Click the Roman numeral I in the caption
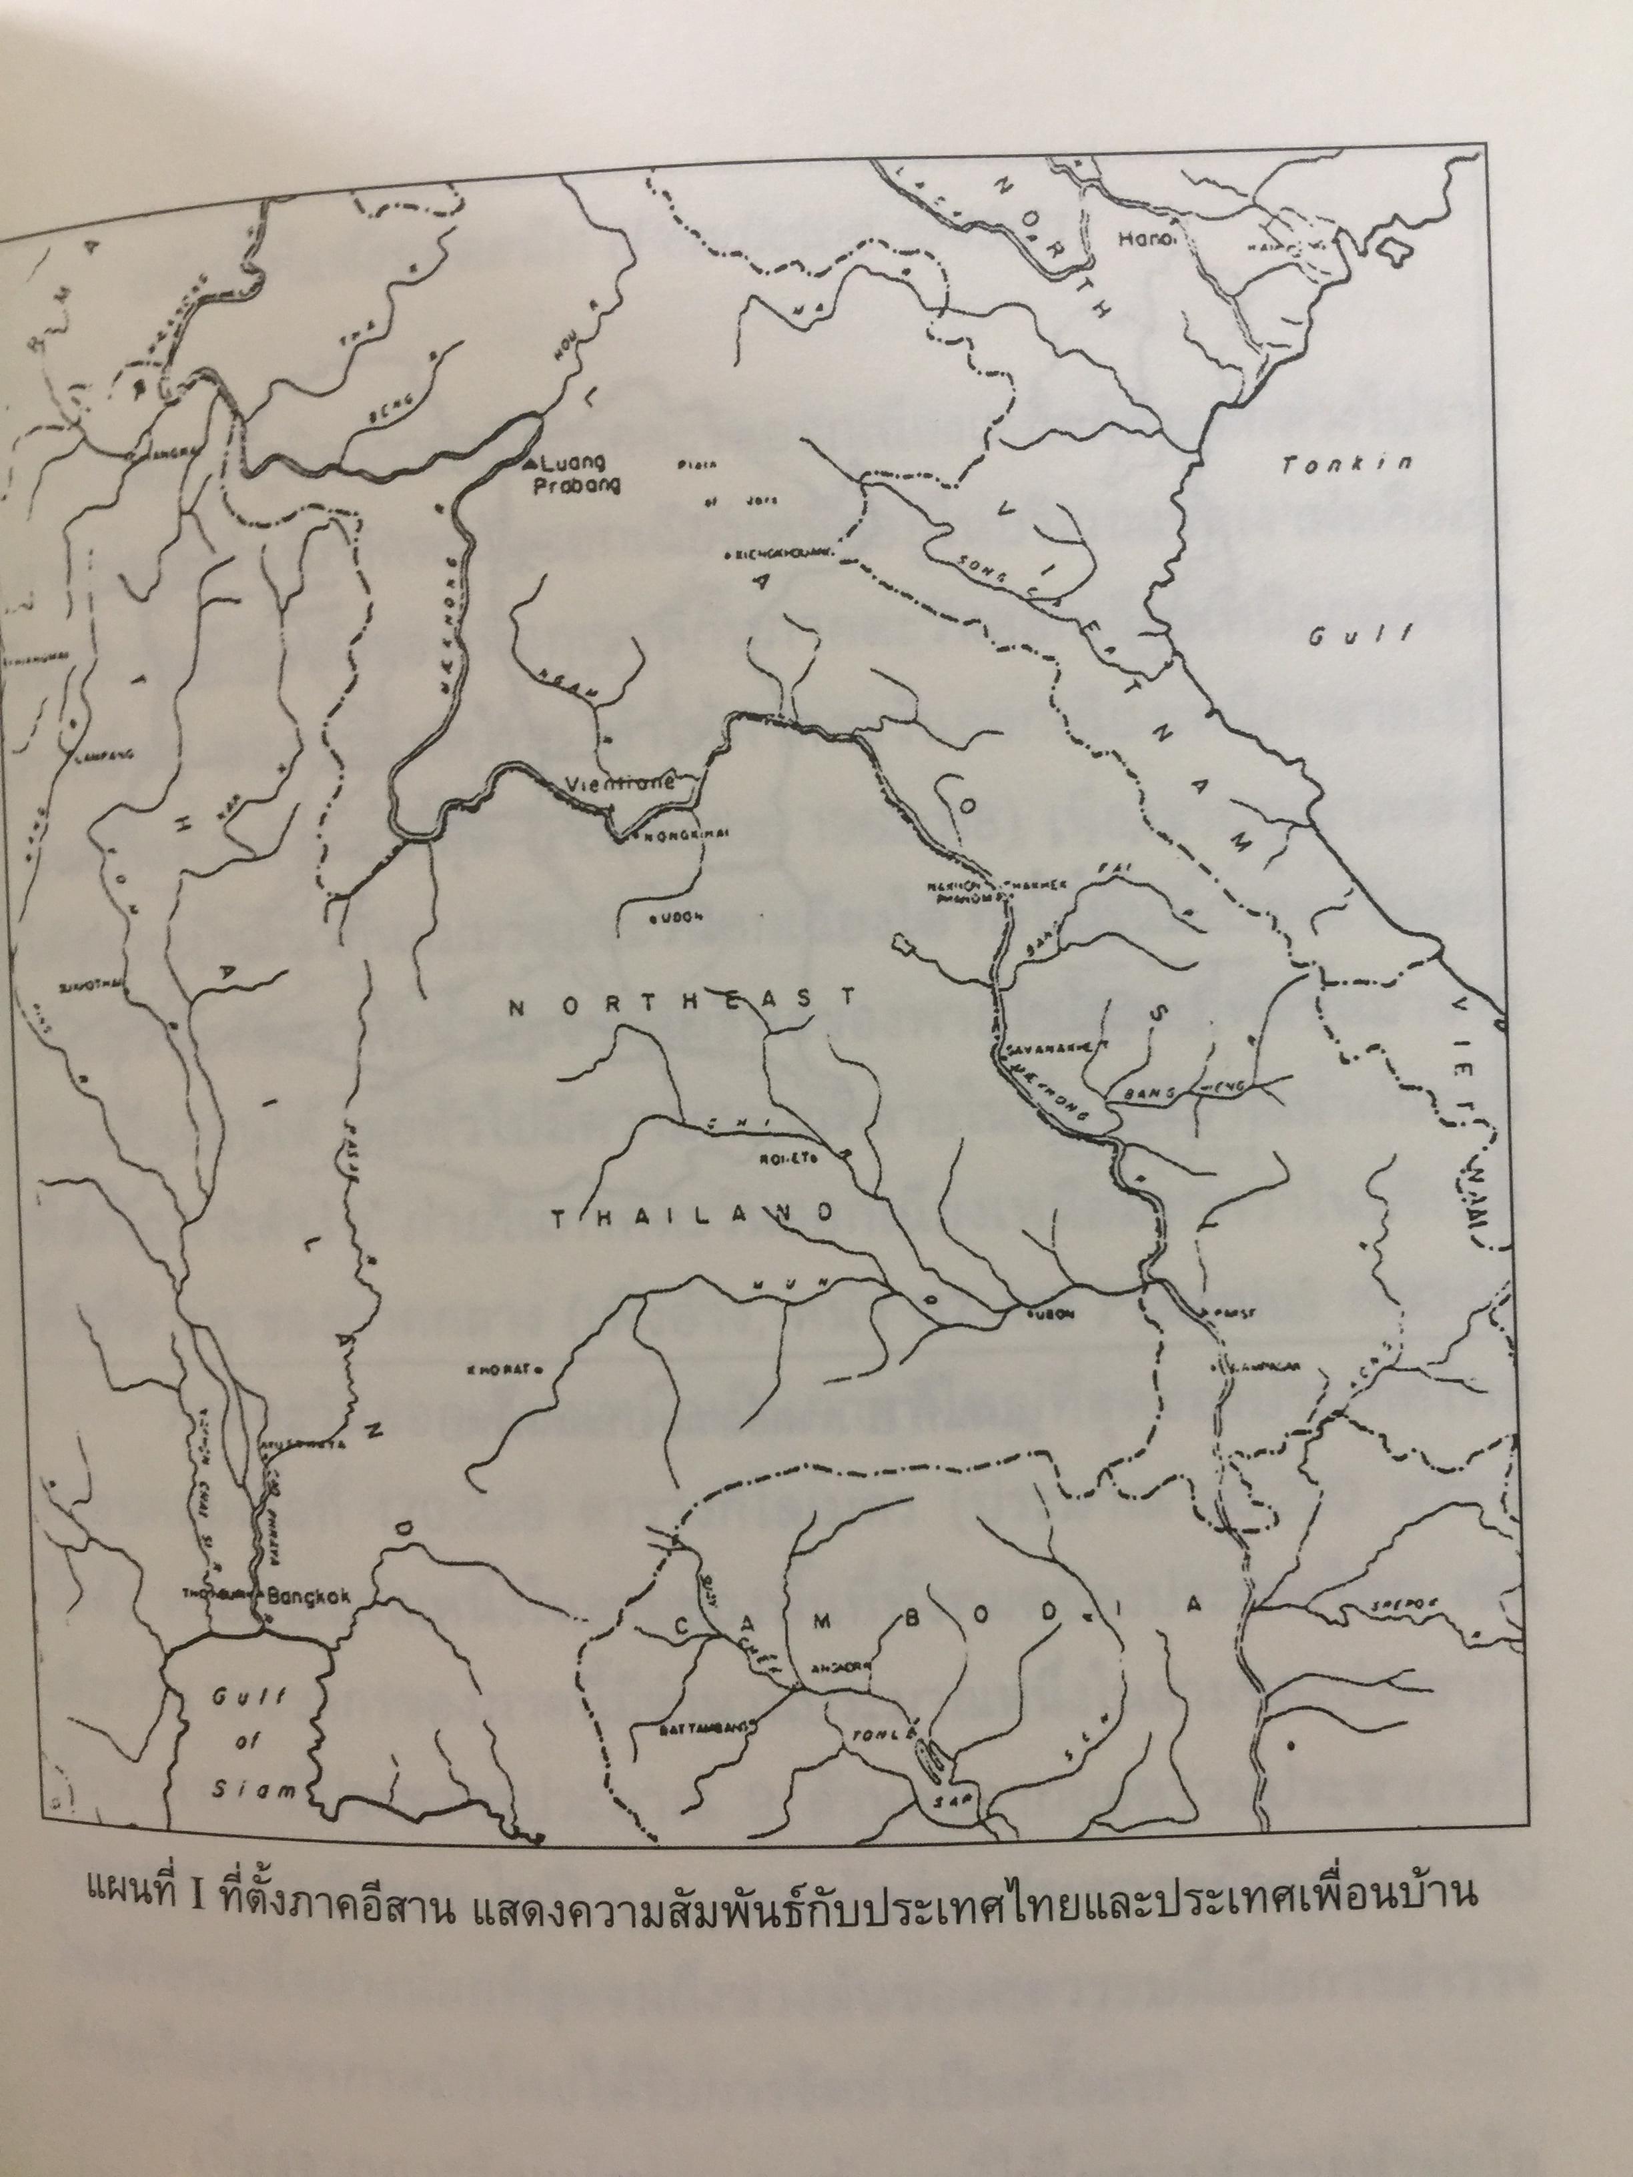(193, 1921)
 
